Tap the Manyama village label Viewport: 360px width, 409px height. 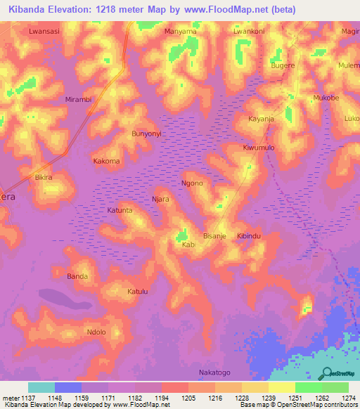[180, 32]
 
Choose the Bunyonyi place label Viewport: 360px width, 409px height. [147, 133]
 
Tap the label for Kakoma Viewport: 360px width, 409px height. [107, 161]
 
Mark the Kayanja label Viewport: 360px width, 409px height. [261, 119]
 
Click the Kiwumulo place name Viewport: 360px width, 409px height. [259, 148]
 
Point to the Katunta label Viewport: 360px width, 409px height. [120, 210]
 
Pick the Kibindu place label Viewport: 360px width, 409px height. [249, 235]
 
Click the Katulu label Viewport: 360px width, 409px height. [138, 291]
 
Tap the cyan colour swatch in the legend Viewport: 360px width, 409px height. [41, 387]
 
